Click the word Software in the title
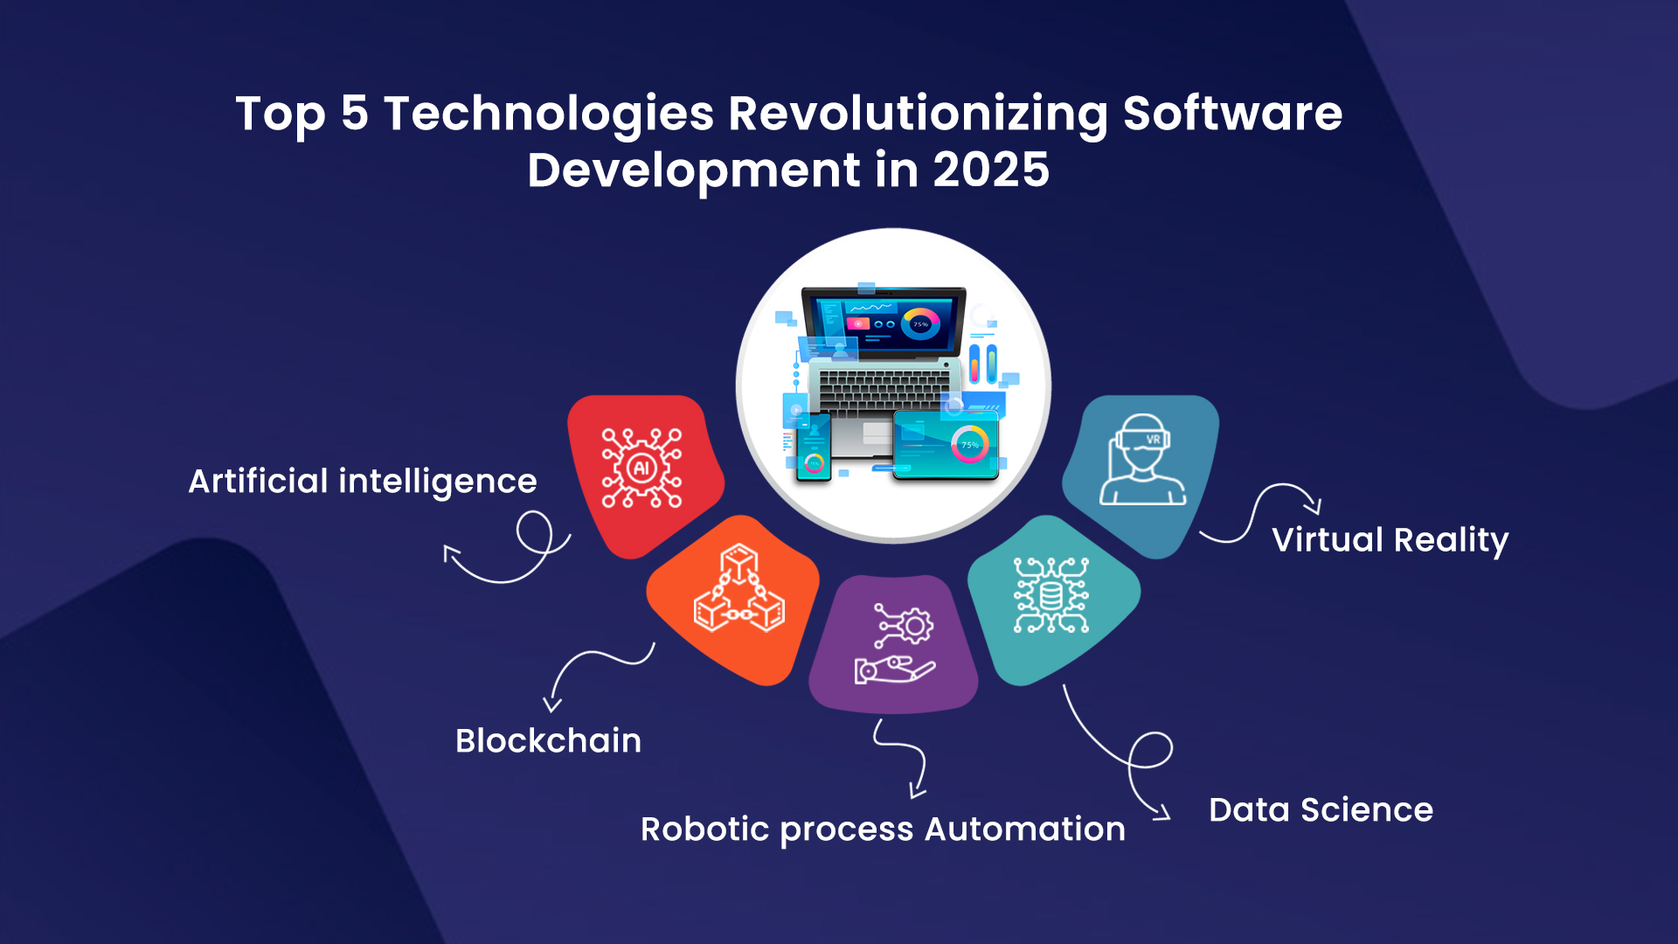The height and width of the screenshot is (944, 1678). coord(1232,114)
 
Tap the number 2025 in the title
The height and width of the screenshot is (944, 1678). coord(991,170)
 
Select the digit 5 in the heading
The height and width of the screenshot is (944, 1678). coord(355,114)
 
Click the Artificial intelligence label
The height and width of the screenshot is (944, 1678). coord(363,482)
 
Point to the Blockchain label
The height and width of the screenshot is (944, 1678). coord(549,741)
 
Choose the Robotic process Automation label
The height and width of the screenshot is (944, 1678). coord(883,829)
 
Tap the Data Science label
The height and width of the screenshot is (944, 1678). coord(1321,810)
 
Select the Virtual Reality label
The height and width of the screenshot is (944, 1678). coord(1390,540)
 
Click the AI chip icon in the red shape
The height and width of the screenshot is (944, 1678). coord(642,469)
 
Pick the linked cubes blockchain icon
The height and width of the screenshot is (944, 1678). coord(739,588)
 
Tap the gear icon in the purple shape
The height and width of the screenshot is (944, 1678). coord(915,626)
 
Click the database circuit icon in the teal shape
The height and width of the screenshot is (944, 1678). coord(1051,595)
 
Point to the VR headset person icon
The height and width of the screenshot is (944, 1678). coord(1142,460)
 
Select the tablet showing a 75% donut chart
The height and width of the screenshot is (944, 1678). coord(946,445)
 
